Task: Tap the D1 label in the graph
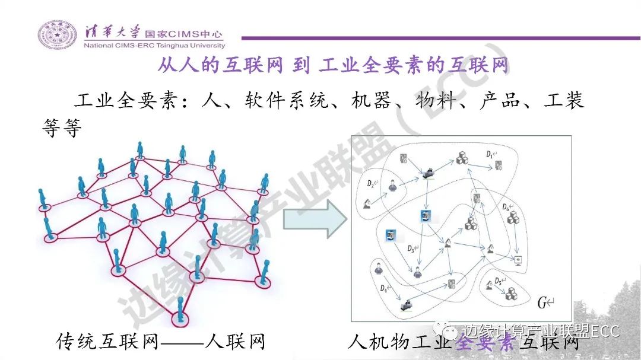[490, 154]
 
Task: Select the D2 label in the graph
[370, 183]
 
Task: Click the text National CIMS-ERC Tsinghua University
[154, 46]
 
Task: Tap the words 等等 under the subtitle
[60, 126]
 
